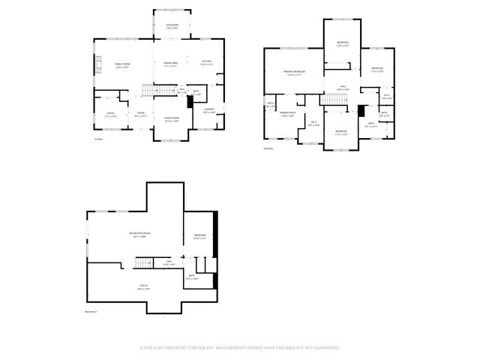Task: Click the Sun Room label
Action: click(x=172, y=26)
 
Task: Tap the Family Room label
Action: click(x=121, y=65)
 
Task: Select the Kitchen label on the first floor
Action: click(x=206, y=62)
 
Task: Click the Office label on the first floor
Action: click(x=110, y=115)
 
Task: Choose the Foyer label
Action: click(x=140, y=115)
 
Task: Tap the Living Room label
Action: click(x=172, y=119)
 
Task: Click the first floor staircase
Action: click(x=154, y=91)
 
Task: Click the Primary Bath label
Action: click(x=288, y=115)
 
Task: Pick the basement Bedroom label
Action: click(x=200, y=236)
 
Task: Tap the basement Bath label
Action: click(x=192, y=277)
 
